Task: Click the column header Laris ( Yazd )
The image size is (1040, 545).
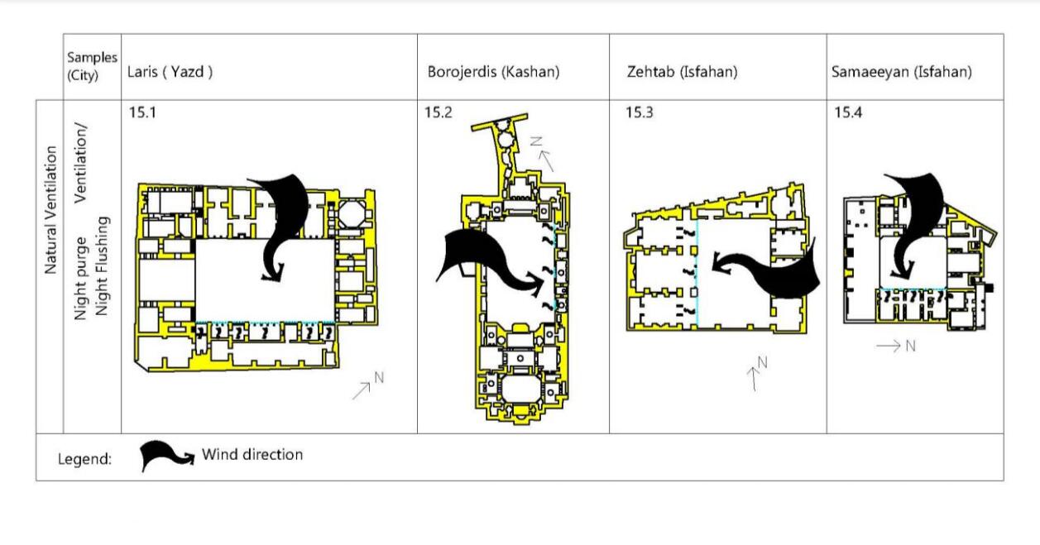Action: [170, 72]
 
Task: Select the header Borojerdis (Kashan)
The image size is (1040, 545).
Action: [493, 72]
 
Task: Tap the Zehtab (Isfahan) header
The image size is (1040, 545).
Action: [683, 72]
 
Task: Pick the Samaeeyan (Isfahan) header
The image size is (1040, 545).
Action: [901, 72]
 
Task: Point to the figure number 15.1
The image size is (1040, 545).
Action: [141, 112]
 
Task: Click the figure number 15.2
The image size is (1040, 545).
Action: [439, 112]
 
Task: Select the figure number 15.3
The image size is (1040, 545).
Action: [639, 112]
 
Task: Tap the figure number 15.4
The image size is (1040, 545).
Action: [847, 112]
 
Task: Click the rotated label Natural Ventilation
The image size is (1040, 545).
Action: [50, 210]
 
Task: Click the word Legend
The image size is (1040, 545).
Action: [84, 459]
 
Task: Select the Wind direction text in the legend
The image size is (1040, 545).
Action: [252, 455]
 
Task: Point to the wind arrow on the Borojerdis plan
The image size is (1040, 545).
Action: [488, 261]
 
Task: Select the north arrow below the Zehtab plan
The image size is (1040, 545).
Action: [757, 374]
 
